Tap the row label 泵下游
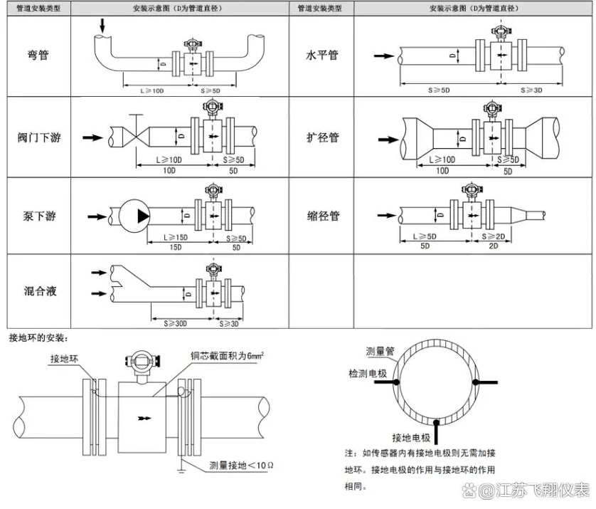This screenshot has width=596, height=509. point(38,216)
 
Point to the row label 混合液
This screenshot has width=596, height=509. point(38,290)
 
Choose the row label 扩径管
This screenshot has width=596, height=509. point(322,137)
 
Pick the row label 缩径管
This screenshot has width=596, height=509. point(322,216)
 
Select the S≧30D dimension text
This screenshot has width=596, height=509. point(175,324)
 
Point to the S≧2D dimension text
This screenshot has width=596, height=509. point(493,236)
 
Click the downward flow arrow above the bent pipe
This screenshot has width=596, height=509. point(102,24)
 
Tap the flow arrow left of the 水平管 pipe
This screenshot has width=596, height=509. point(383,55)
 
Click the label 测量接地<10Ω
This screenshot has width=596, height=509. point(241,466)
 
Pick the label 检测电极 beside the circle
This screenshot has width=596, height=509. point(368,373)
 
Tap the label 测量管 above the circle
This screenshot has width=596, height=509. point(381,351)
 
